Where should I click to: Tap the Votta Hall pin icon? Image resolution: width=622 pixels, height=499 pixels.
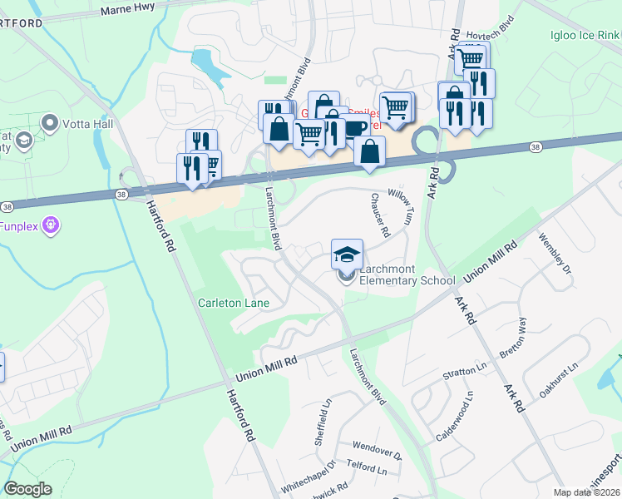[x=49, y=124]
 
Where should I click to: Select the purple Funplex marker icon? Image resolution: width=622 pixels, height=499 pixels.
[x=52, y=225]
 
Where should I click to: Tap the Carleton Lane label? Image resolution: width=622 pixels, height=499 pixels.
[x=233, y=303]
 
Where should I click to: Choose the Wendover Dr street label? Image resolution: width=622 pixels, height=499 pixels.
[x=376, y=450]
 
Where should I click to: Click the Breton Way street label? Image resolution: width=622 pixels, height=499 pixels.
[x=515, y=336]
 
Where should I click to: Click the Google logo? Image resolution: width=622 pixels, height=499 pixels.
[x=27, y=489]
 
